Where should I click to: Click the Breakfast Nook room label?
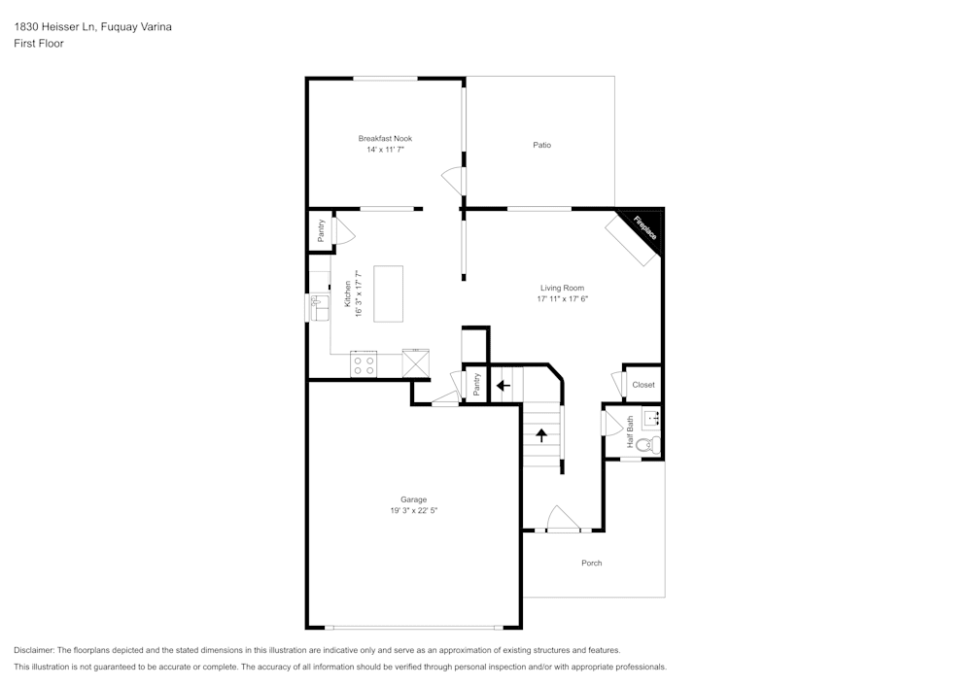point(385,139)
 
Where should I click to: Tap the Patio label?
point(541,146)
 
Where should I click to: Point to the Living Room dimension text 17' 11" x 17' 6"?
point(564,299)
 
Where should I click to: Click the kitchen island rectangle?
point(389,293)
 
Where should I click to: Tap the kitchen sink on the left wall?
point(317,308)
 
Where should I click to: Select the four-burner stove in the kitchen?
point(364,364)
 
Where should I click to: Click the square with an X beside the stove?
point(416,363)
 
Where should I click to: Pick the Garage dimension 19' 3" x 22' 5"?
point(414,511)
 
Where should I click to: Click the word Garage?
point(414,499)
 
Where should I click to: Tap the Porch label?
point(591,564)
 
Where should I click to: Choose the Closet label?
point(643,385)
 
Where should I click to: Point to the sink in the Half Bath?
point(652,419)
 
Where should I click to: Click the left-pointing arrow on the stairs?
point(503,385)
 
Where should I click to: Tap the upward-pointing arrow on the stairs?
point(540,434)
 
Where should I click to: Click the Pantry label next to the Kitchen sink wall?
point(321,231)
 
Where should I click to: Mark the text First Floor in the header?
point(39,44)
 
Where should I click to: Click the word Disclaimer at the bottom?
point(34,650)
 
